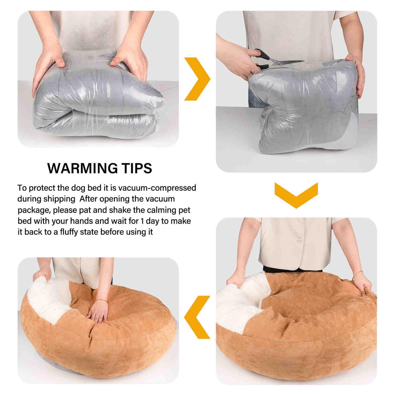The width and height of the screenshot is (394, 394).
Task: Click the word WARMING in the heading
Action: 83,169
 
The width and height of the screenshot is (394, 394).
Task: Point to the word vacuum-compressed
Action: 157,188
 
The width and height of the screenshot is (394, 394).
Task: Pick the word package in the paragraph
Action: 33,210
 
